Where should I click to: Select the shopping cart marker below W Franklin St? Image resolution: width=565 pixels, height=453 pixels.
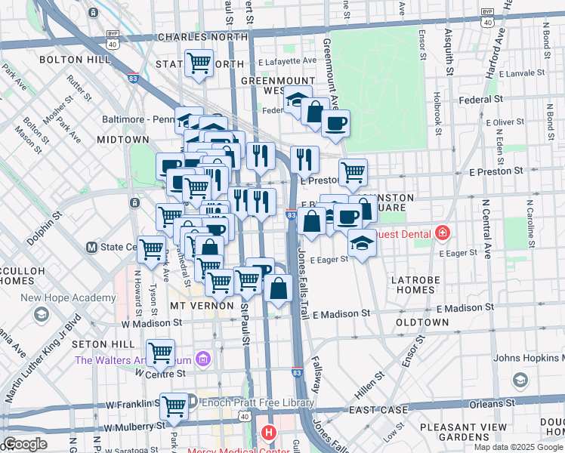click(x=174, y=405)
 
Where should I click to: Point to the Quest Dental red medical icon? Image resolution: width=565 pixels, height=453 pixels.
click(x=442, y=233)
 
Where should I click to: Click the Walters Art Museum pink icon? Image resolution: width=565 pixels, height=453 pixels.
click(x=202, y=359)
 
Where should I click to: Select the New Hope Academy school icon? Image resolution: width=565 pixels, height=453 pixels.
click(x=42, y=313)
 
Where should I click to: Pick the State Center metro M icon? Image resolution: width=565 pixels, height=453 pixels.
click(x=91, y=247)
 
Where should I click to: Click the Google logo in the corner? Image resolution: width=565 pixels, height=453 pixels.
click(x=26, y=443)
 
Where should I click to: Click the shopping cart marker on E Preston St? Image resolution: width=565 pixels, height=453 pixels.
click(x=353, y=172)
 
